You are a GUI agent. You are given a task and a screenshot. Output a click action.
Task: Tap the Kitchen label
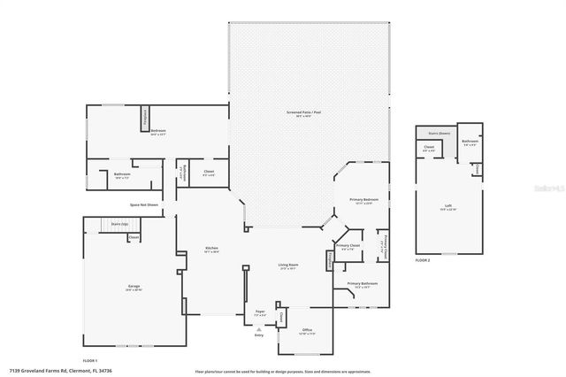(x=212, y=249)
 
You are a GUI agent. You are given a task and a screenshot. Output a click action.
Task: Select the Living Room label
(x=287, y=266)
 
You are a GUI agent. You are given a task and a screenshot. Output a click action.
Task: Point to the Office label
(x=307, y=331)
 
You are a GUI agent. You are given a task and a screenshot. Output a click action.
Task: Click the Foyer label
(x=260, y=312)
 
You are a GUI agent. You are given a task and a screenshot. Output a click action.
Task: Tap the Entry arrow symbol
(x=259, y=328)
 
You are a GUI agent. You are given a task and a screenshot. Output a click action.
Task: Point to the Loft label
(x=448, y=207)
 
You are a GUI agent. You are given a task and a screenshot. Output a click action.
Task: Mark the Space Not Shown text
(x=143, y=204)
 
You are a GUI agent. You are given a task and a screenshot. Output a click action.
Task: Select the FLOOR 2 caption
(x=423, y=260)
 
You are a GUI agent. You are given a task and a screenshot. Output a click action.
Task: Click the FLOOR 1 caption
(x=89, y=360)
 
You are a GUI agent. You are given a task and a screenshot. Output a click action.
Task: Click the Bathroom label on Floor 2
(x=470, y=142)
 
